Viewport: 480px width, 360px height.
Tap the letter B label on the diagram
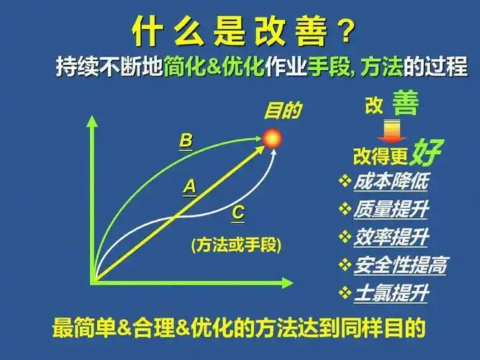[186, 141]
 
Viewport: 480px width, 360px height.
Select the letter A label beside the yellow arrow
[189, 187]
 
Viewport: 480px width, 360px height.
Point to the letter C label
[238, 213]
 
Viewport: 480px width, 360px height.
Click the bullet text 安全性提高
[399, 265]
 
